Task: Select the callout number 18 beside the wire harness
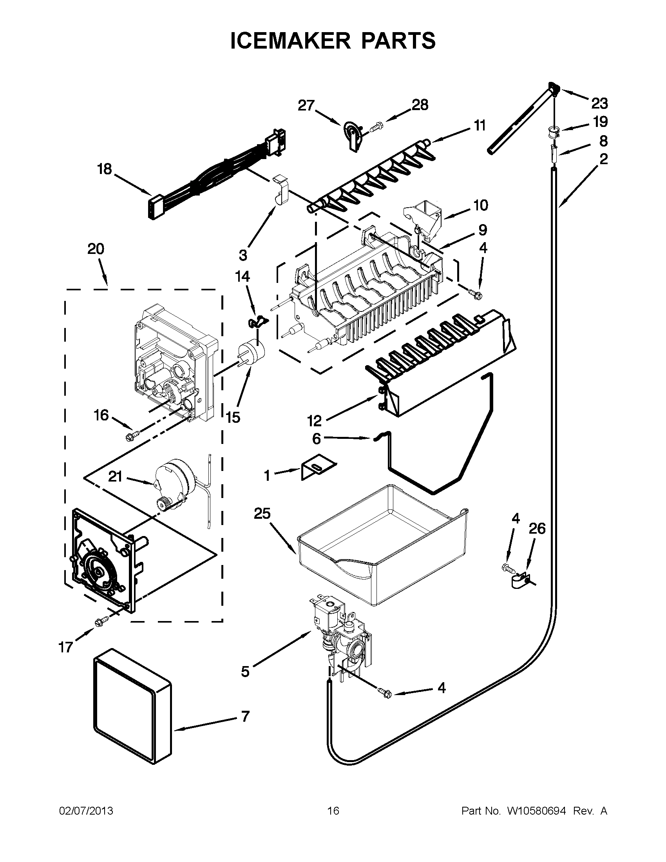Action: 105,169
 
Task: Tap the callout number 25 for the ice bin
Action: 262,514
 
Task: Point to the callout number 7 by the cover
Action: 245,716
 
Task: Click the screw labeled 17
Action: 99,623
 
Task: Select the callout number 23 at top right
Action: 599,103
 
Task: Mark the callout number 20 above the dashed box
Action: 96,249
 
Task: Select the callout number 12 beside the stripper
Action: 315,421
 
